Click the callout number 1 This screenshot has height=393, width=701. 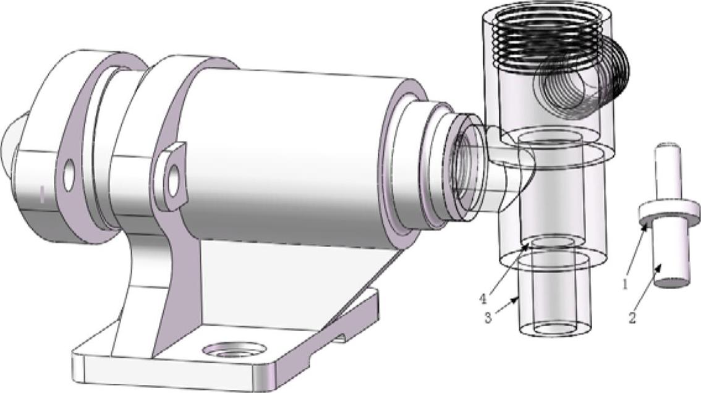[626, 283]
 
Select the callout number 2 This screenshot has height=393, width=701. [632, 318]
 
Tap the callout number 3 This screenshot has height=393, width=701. [488, 318]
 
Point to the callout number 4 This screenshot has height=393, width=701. [483, 298]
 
